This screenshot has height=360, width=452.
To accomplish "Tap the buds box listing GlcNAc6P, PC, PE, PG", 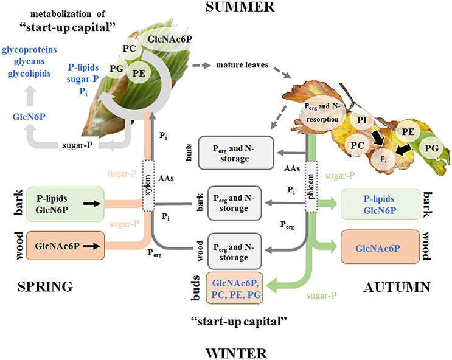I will (x=238, y=289).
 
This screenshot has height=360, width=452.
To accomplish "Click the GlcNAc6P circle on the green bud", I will (x=170, y=41).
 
